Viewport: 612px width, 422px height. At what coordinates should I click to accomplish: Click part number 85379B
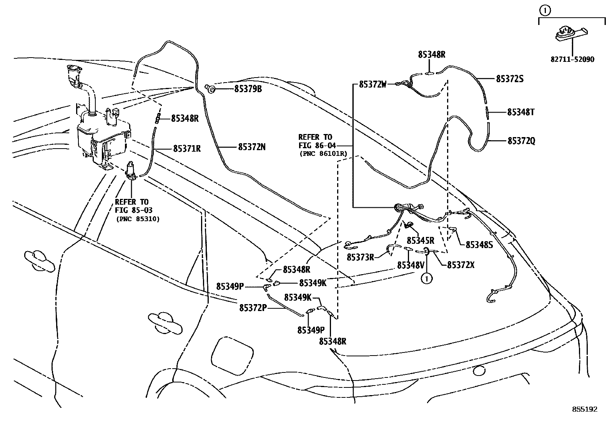tap(248, 89)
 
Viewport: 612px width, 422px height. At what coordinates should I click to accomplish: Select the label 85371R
tap(187, 148)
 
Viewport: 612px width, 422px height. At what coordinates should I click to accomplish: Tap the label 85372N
tap(251, 147)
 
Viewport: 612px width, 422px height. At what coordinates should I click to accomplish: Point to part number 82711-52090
tap(572, 60)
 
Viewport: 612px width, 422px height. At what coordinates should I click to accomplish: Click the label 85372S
tap(510, 79)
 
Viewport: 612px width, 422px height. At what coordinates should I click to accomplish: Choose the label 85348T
tap(521, 112)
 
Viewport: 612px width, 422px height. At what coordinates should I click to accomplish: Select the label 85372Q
tap(521, 141)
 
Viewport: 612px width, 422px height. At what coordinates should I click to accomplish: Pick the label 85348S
tap(479, 245)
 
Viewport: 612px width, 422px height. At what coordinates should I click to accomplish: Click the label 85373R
tap(360, 257)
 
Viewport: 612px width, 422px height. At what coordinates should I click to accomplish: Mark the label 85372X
tap(461, 265)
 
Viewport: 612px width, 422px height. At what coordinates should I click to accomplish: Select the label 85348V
tap(411, 265)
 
